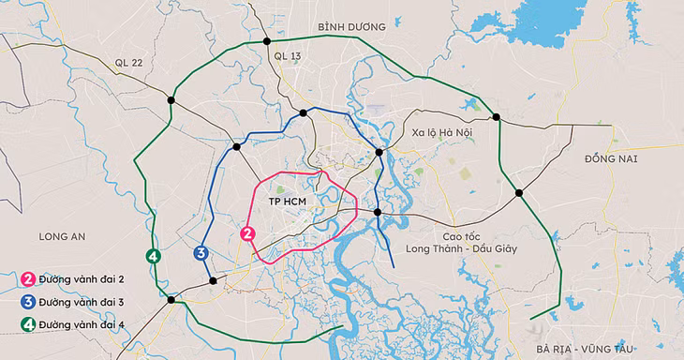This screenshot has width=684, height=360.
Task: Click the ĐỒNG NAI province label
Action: click(610, 159)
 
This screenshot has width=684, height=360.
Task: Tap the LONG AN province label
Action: click(62, 236)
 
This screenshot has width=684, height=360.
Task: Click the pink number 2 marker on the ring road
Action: click(247, 233)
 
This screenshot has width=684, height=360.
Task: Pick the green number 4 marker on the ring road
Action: click(153, 256)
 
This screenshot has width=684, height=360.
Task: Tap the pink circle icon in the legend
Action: click(29, 279)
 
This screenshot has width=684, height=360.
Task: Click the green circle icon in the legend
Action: click(29, 324)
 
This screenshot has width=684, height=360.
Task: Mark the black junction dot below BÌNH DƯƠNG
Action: click(267, 41)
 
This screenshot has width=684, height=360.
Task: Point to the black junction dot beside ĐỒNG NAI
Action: click(519, 193)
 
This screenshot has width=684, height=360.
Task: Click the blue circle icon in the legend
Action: click(29, 302)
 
